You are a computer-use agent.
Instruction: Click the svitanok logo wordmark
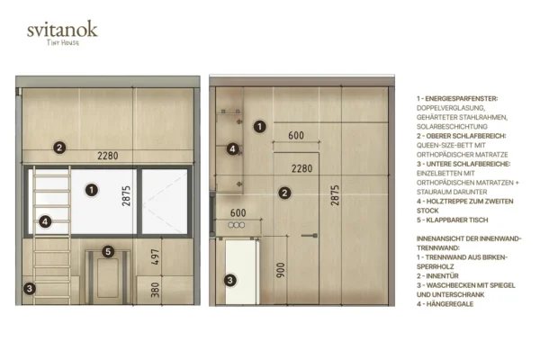62,29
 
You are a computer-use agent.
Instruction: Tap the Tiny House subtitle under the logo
63,42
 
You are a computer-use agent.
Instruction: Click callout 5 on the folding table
108,251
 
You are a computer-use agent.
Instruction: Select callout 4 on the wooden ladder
45,221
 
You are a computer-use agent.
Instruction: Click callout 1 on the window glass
92,190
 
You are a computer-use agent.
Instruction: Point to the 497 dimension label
156,257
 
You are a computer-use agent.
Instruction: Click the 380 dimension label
156,290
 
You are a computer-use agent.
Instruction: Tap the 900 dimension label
281,270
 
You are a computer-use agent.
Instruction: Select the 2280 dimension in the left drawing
108,156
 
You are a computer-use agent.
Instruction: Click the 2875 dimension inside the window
126,196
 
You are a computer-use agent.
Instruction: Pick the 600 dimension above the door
296,135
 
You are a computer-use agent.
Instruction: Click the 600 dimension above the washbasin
238,213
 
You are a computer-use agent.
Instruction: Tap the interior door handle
310,236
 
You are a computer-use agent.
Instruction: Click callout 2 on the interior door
284,193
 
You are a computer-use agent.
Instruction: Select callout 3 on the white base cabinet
230,280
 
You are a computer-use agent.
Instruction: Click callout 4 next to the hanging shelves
232,148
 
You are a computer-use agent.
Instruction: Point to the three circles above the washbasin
237,225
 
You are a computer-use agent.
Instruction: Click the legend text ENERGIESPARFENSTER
461,99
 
